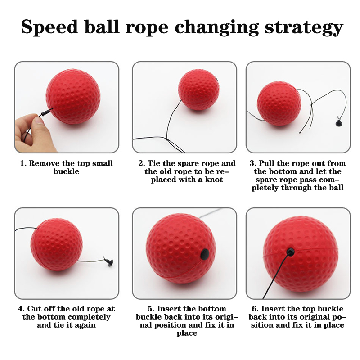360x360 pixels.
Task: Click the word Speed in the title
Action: [49, 27]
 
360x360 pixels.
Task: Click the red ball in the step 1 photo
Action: [73, 96]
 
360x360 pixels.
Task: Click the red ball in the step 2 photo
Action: [198, 90]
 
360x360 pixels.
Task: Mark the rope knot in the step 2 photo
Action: [167, 140]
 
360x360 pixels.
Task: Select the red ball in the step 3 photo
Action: [279, 103]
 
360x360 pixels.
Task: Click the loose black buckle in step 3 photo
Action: [339, 122]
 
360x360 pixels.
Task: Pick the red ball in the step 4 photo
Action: [57, 244]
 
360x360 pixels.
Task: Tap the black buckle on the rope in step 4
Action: [109, 262]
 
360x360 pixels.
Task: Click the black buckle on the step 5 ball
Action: [205, 254]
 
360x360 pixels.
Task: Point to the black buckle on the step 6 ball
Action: [290, 252]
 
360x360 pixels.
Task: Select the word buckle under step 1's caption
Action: [66, 171]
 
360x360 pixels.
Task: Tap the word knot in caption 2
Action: [214, 180]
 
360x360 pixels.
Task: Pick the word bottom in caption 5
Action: [211, 309]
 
